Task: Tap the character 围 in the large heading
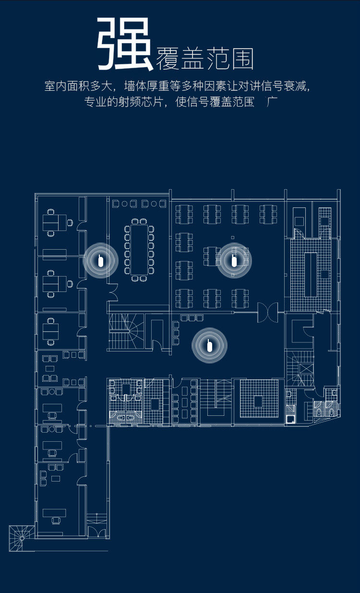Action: (x=242, y=59)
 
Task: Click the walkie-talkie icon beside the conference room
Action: (x=101, y=261)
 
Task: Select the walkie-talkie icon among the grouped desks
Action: (x=234, y=261)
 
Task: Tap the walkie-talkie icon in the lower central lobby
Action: (x=209, y=345)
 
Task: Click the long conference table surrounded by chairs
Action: (x=139, y=249)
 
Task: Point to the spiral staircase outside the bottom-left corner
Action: (x=21, y=538)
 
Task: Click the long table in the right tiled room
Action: (x=311, y=274)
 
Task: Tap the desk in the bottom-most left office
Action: (x=54, y=513)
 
